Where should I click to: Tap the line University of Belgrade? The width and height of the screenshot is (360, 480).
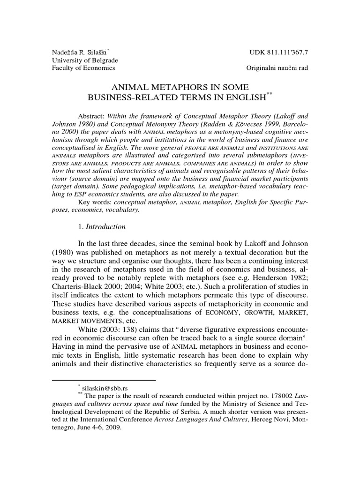pyautogui.click(x=84, y=60)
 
